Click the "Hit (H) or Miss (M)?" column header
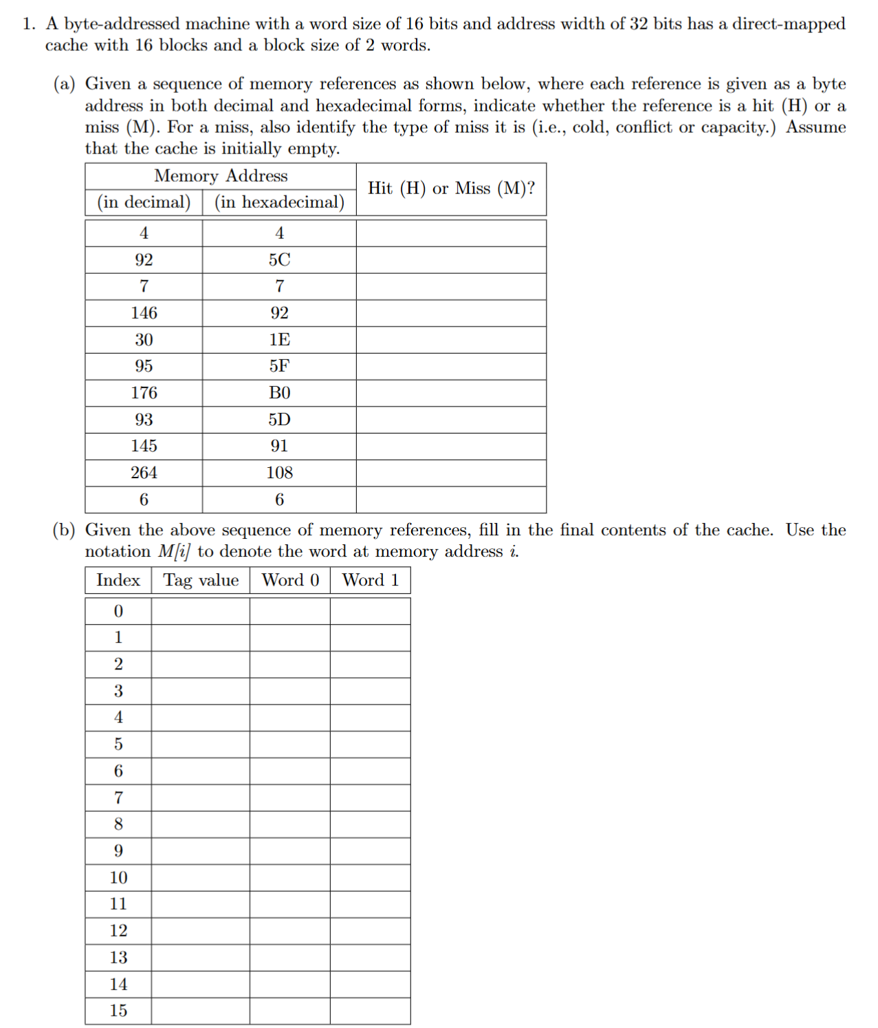(451, 189)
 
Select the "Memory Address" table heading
(221, 176)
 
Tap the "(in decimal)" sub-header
(144, 202)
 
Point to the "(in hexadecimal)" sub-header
(279, 202)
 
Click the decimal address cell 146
(144, 313)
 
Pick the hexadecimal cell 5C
(279, 260)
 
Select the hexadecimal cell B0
(279, 393)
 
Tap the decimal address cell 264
(144, 473)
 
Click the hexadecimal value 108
(279, 473)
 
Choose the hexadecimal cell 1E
(279, 340)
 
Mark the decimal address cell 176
(144, 393)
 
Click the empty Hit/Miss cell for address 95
(451, 367)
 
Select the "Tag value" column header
(201, 580)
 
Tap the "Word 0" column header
(290, 580)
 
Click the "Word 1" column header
(371, 580)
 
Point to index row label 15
(118, 1011)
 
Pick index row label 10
(118, 877)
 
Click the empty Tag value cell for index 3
(201, 691)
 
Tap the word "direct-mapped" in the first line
(789, 24)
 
